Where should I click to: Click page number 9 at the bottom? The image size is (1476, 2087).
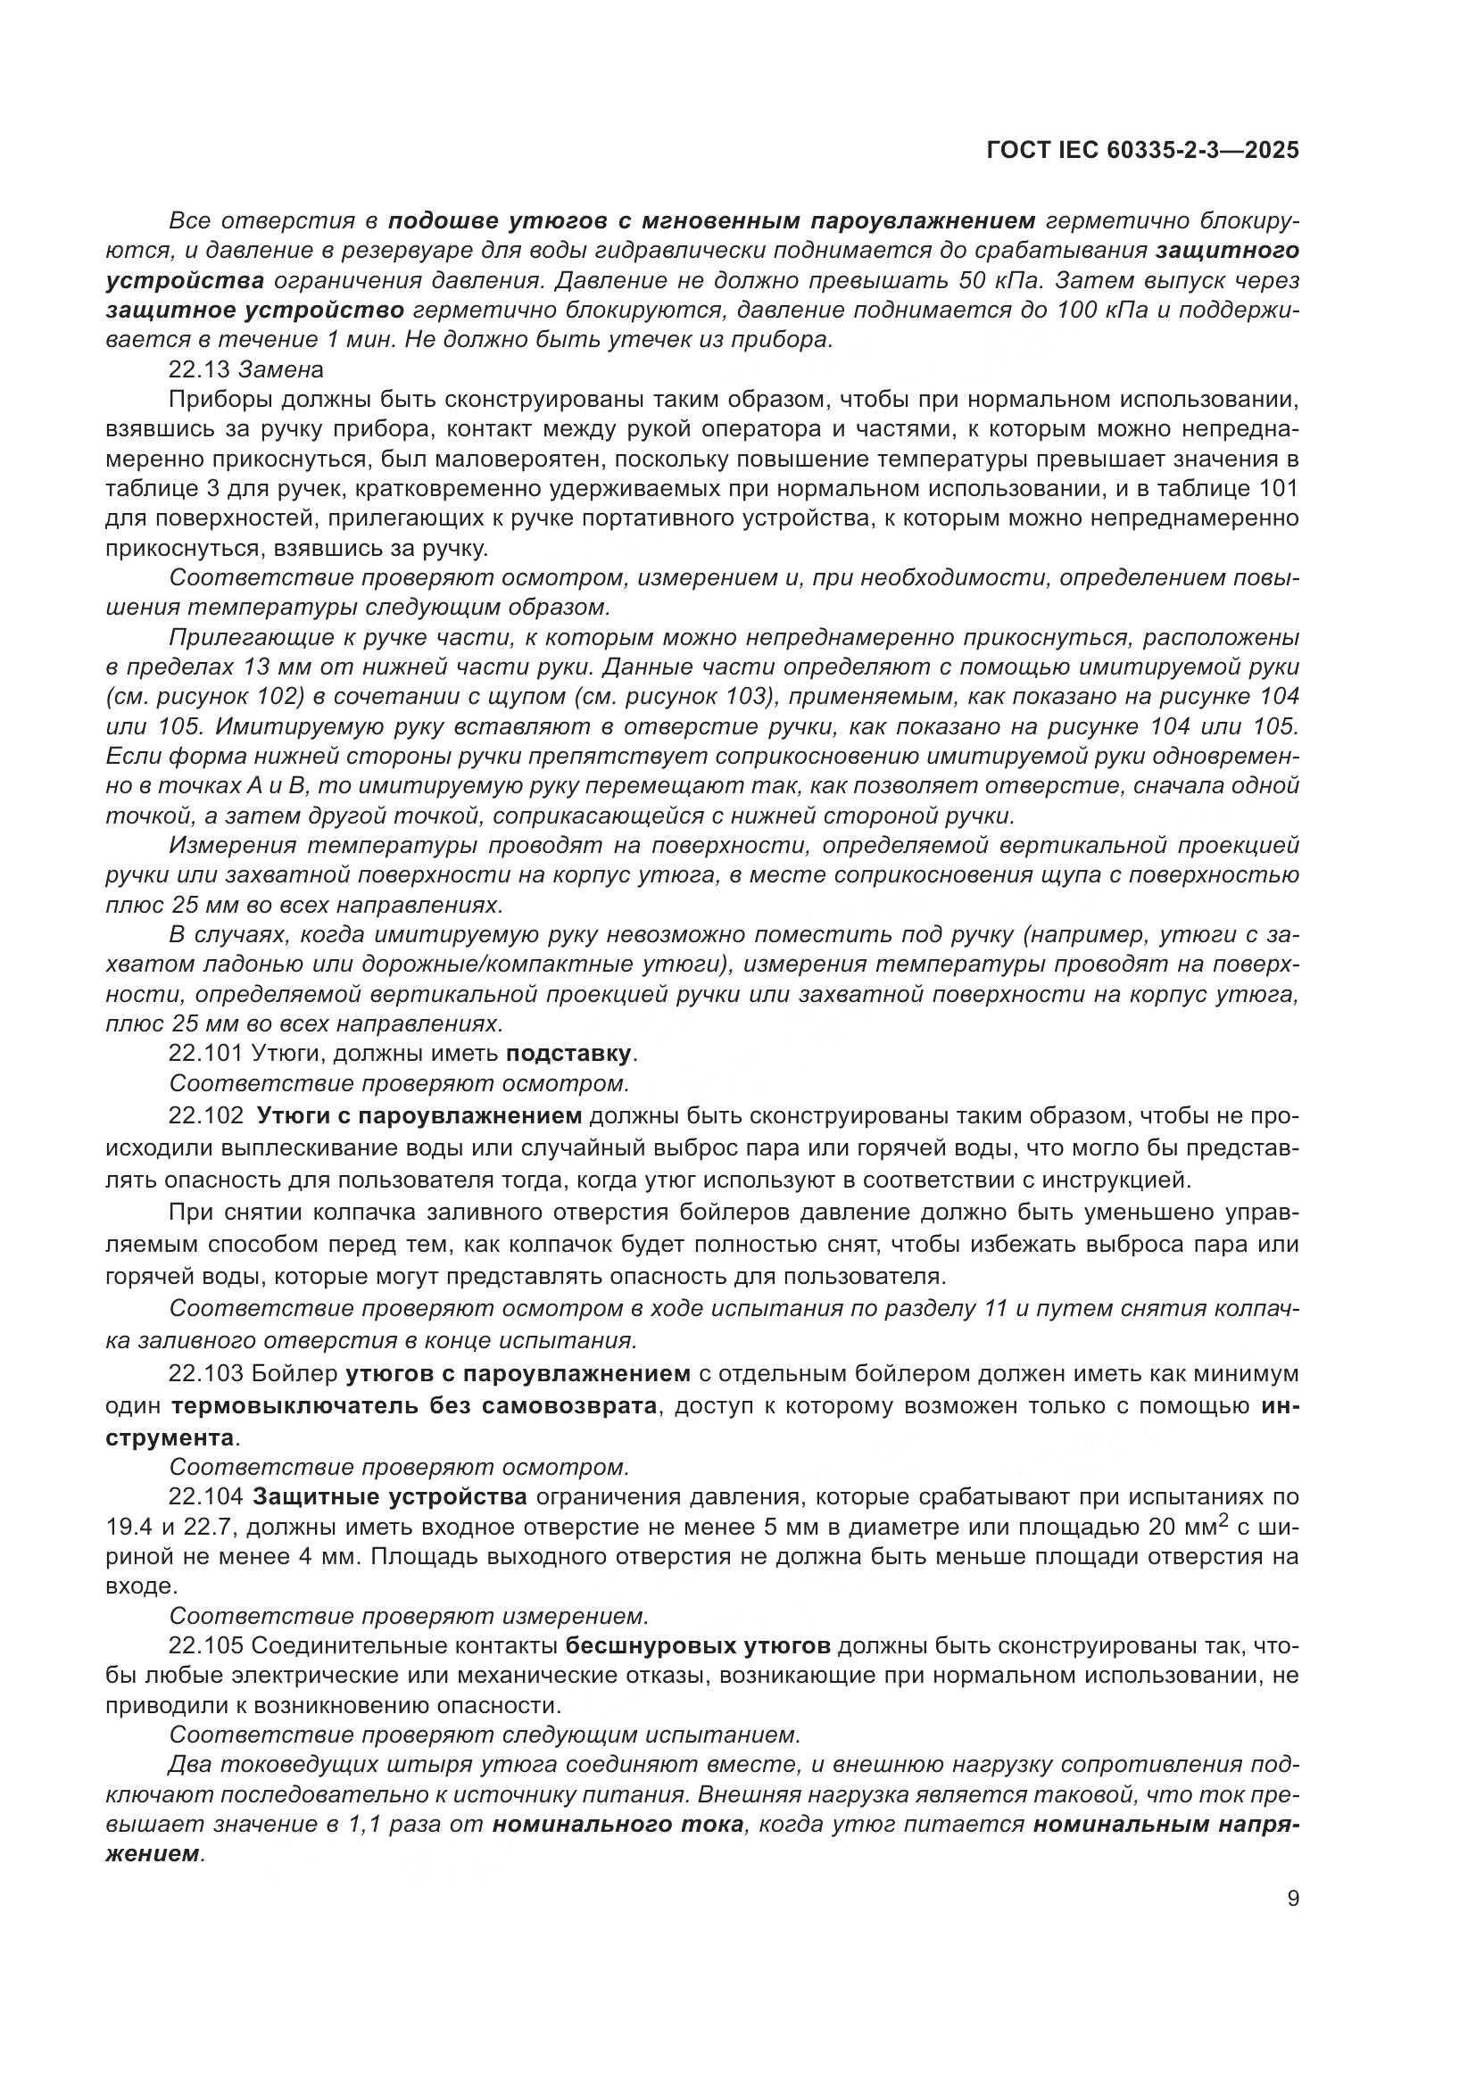click(1292, 1899)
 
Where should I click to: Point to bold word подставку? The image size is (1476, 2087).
click(568, 1054)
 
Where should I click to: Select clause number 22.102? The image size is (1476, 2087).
click(205, 1115)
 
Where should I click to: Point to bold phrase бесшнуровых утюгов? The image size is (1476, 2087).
click(697, 1646)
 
